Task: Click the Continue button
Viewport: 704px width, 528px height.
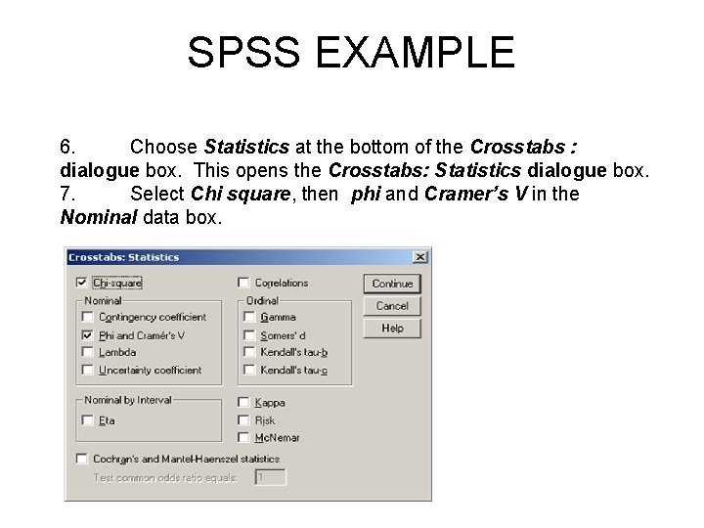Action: pos(392,284)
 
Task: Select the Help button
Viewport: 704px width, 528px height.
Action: pos(392,329)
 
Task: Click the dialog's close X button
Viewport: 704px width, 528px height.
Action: pos(419,257)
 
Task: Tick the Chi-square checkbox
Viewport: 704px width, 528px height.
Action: pos(81,284)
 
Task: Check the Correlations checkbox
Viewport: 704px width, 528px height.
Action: pos(243,284)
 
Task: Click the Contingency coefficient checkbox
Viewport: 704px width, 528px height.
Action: pos(88,318)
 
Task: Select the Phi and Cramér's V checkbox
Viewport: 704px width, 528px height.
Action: pos(88,335)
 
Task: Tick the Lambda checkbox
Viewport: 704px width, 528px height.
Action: pos(88,352)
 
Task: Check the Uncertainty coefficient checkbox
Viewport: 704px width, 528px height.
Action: pos(88,371)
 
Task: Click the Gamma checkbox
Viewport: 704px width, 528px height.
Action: pos(249,318)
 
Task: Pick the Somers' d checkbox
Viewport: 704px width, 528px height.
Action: pos(249,335)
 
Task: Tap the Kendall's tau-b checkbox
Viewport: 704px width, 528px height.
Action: pos(249,352)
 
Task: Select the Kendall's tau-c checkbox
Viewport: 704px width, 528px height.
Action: pos(249,371)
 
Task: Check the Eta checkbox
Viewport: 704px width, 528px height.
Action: pos(88,420)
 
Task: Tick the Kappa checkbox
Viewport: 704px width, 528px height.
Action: pos(243,403)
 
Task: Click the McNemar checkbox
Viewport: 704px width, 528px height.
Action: pos(243,438)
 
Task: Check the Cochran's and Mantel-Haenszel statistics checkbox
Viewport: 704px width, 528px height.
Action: pos(81,459)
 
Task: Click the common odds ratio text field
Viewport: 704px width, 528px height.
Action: pos(270,477)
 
